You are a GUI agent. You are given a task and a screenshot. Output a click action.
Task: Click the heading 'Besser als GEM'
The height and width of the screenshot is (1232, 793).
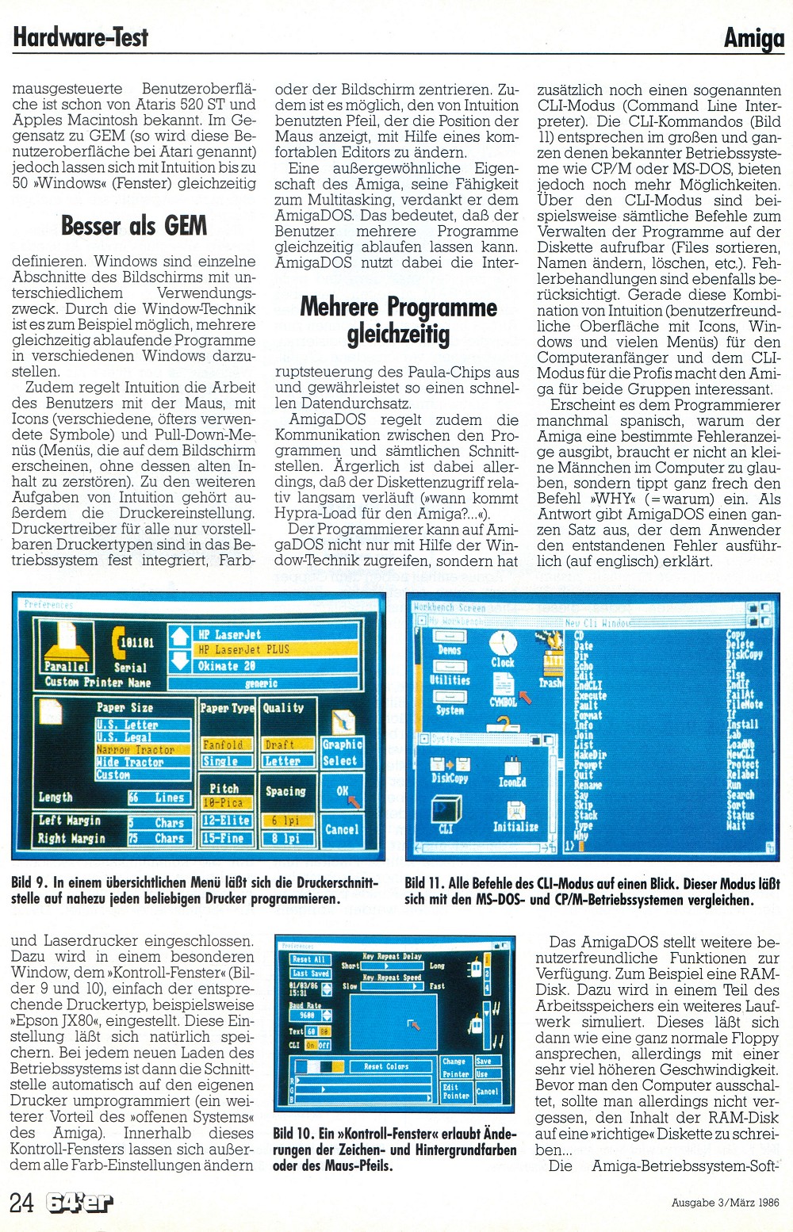pos(134,226)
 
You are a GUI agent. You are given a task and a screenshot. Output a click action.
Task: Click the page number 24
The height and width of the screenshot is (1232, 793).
pos(21,1202)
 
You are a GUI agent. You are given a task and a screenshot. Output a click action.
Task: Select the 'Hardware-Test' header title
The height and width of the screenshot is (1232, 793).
pos(81,36)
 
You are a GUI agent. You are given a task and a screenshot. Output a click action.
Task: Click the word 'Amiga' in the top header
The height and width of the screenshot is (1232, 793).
pos(753,38)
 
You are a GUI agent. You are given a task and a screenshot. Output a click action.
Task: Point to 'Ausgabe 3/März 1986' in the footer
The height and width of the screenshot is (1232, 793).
pos(725,1203)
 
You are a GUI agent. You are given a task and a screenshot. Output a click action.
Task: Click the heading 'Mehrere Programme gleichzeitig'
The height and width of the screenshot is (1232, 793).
pos(398,320)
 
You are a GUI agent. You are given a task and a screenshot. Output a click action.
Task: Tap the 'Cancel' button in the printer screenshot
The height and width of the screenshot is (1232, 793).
pos(342,829)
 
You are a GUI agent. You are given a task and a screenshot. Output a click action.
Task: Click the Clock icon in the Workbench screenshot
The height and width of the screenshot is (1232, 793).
pos(503,649)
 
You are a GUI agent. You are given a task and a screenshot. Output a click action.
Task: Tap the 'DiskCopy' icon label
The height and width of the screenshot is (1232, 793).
pos(449,779)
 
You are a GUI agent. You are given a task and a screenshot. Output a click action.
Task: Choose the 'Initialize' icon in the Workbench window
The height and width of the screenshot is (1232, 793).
pos(515,817)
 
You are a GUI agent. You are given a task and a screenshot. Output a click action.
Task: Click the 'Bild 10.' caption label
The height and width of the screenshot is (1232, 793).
pos(291,1134)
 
